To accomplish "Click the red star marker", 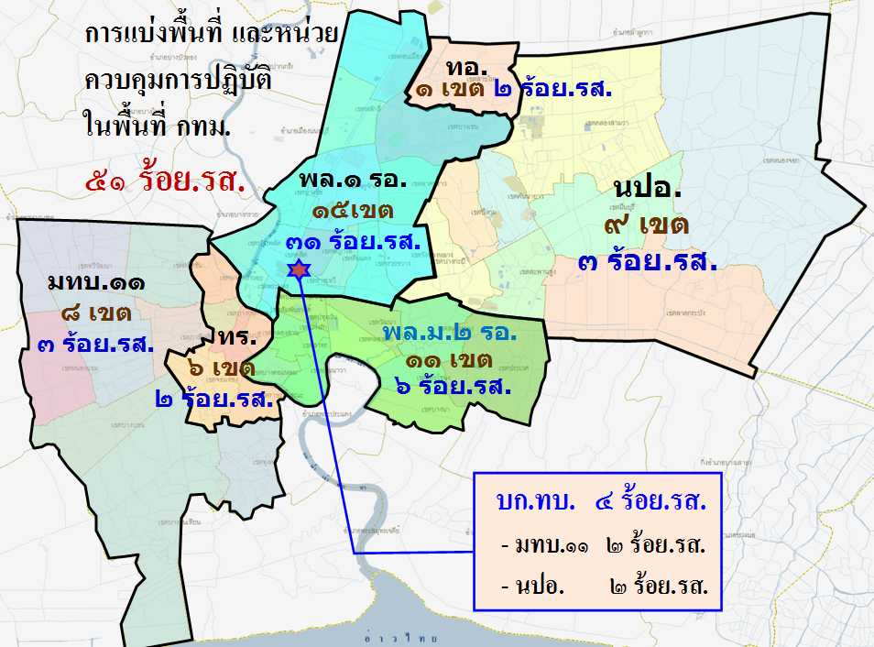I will point(298,269).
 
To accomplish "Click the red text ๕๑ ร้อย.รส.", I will point(165,180).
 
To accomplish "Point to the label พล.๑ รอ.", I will point(353,179).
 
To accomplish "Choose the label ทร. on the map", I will point(235,336).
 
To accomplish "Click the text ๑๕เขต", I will point(353,211).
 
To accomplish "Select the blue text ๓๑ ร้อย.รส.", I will point(353,242).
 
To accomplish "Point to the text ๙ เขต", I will point(645,224).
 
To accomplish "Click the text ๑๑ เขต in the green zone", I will point(451,359).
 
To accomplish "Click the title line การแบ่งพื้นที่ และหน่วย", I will point(211,35).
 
